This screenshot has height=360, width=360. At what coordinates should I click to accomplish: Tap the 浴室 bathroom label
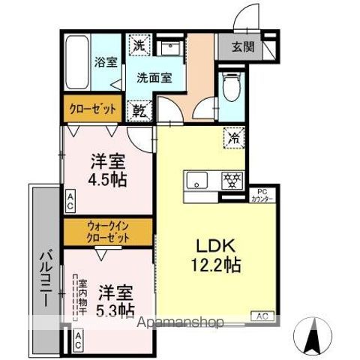pyautogui.click(x=106, y=63)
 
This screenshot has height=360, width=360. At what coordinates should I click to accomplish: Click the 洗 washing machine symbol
pyautogui.click(x=139, y=45)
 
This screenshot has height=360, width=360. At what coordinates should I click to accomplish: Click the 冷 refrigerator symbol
pyautogui.click(x=233, y=137)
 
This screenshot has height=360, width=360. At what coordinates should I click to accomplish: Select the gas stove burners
pyautogui.click(x=231, y=181)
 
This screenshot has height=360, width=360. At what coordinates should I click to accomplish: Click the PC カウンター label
pyautogui.click(x=261, y=195)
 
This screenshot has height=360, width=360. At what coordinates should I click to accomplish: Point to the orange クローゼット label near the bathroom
pyautogui.click(x=93, y=109)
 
